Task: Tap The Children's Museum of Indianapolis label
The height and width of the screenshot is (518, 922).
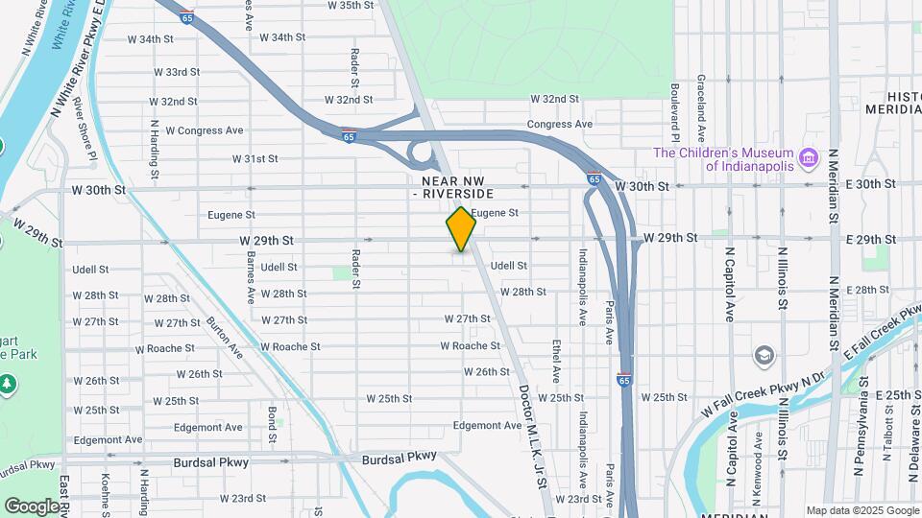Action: click(722, 159)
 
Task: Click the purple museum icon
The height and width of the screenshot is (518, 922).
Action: click(808, 156)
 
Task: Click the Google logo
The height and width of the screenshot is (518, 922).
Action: click(32, 506)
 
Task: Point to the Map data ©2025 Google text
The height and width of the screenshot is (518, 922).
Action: click(862, 510)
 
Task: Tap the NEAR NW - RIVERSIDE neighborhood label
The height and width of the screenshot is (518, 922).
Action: click(457, 187)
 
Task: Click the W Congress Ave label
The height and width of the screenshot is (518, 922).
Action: click(205, 130)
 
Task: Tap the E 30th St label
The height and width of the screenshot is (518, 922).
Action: click(875, 184)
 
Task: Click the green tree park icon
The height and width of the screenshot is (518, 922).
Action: click(8, 385)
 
